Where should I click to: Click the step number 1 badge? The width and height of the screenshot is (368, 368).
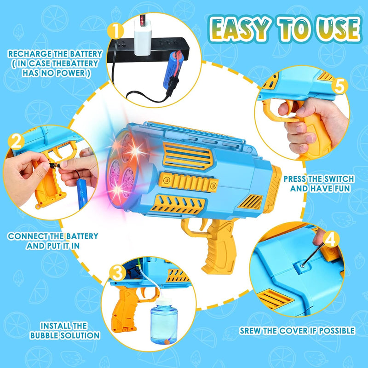[x=115, y=31]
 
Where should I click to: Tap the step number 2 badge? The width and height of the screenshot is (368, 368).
[x=16, y=142]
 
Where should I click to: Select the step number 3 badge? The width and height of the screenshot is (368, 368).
[x=117, y=273]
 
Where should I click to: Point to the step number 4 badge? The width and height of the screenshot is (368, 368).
[x=331, y=239]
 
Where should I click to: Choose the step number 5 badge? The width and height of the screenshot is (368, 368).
[x=339, y=86]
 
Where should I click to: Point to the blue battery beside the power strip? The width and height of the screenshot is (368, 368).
[x=174, y=70]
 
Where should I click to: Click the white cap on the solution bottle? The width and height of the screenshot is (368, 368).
[x=164, y=302]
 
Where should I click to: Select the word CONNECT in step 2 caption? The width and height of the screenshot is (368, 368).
[x=28, y=236]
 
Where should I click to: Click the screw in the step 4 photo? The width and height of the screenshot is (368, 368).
[x=303, y=266]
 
